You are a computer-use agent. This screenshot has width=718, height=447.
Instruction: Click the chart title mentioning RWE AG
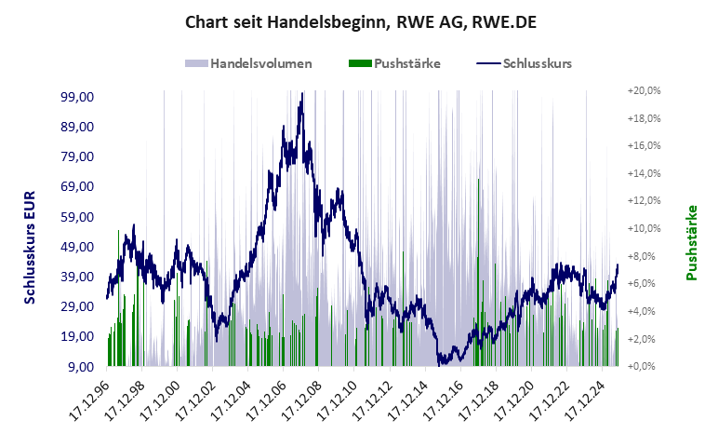[x=361, y=21]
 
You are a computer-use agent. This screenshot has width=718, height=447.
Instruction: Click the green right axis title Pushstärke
[x=692, y=243]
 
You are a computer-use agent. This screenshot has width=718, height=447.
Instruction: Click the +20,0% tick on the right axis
[x=644, y=91]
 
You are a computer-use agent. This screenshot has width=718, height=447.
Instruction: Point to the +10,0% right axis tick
[x=644, y=229]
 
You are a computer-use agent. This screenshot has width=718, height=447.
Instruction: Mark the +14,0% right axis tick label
[x=644, y=173]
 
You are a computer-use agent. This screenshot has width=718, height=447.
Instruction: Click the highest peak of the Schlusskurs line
[x=301, y=95]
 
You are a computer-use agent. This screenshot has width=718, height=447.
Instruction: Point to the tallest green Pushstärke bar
[x=478, y=179]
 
